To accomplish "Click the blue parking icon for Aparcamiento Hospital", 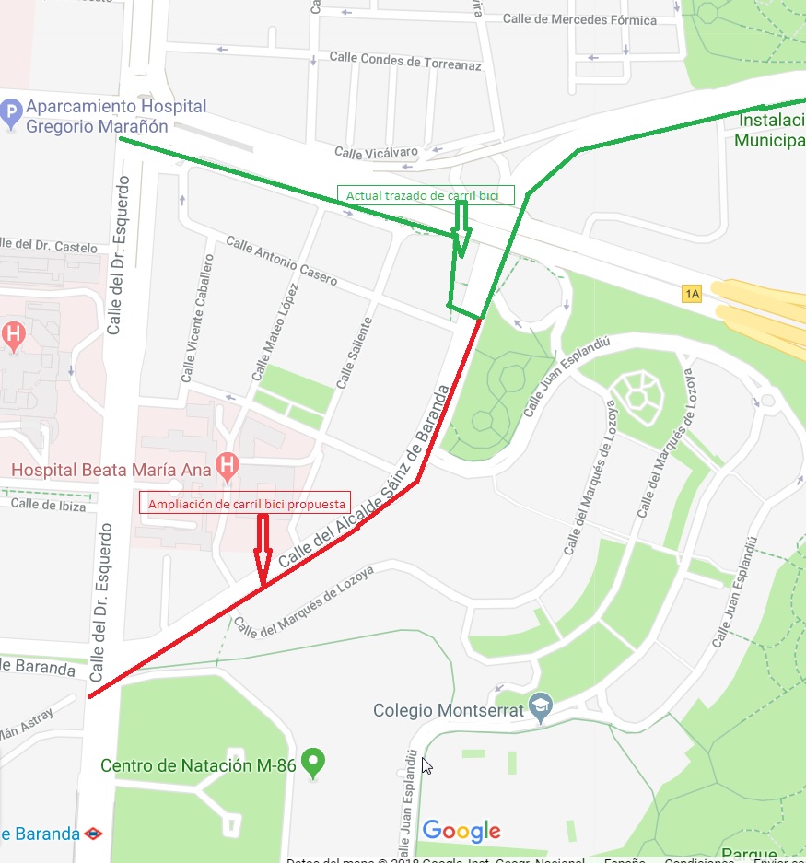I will click(x=12, y=115).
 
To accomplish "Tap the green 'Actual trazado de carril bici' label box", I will click(x=425, y=195).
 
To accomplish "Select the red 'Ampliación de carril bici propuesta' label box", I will click(x=247, y=504).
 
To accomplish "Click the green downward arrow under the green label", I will click(x=461, y=230).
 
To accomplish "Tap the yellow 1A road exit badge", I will click(x=692, y=294).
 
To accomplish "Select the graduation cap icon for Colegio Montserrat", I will click(x=541, y=706).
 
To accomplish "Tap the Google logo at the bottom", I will click(x=461, y=831).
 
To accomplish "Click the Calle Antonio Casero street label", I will click(x=282, y=261).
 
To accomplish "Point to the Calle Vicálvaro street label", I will click(x=376, y=153).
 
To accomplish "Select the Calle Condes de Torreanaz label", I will click(x=405, y=62).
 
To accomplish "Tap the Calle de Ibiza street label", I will click(x=48, y=505).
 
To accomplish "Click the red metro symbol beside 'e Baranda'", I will click(x=93, y=834).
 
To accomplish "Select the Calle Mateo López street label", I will click(x=275, y=333).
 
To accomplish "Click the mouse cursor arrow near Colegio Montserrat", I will click(x=426, y=765).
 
